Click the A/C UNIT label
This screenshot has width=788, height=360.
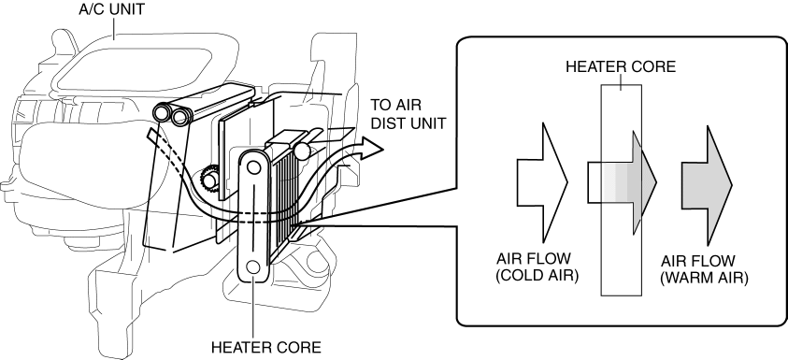coord(111,9)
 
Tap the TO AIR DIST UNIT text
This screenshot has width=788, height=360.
coord(408,114)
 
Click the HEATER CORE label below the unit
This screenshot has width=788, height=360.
coord(265,348)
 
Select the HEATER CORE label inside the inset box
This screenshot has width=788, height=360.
coord(621,66)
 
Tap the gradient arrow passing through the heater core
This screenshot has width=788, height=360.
coord(623,182)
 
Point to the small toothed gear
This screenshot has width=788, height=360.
coord(208,179)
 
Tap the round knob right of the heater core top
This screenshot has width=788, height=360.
coord(303,151)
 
